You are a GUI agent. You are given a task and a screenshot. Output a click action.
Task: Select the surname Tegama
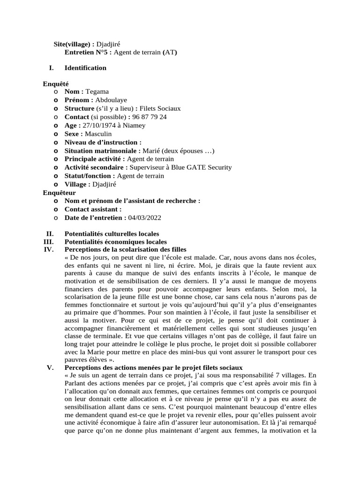point(97,91)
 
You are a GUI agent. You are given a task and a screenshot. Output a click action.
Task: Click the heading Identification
point(85,68)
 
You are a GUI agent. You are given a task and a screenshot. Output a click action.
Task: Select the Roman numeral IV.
point(49,249)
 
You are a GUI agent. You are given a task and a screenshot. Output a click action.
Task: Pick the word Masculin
point(98,134)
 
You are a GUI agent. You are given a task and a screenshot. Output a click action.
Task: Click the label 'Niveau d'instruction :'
point(103,142)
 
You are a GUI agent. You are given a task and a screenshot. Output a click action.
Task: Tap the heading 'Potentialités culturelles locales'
point(112,233)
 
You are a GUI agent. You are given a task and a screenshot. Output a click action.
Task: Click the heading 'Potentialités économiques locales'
point(112,241)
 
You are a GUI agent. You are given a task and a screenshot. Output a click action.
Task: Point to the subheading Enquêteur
point(59,193)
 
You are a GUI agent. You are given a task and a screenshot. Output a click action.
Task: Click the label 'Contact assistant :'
point(93,210)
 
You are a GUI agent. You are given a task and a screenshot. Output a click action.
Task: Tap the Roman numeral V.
point(51,367)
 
